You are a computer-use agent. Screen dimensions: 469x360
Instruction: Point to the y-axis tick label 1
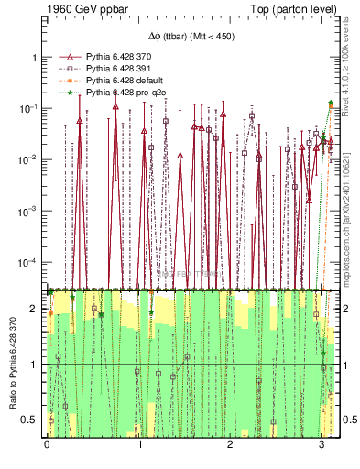[35, 57]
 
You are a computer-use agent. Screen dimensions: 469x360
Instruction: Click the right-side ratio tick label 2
[346, 309]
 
